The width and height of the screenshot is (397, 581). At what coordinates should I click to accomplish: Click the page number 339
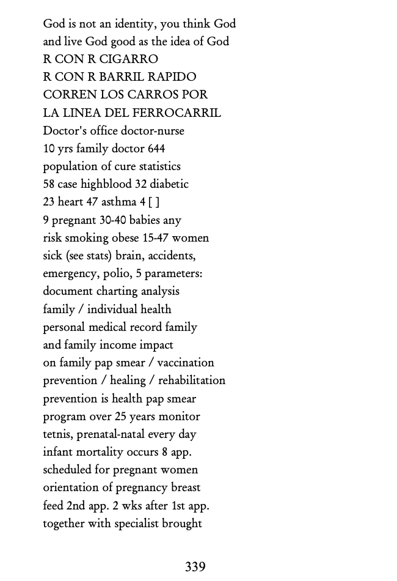(195, 567)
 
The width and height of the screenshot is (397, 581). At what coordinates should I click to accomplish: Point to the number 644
(156, 149)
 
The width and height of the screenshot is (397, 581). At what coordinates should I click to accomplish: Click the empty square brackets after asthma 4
(154, 202)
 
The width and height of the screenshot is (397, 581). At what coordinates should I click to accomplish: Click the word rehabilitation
(192, 380)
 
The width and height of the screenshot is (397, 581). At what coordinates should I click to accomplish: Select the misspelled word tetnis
(57, 434)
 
